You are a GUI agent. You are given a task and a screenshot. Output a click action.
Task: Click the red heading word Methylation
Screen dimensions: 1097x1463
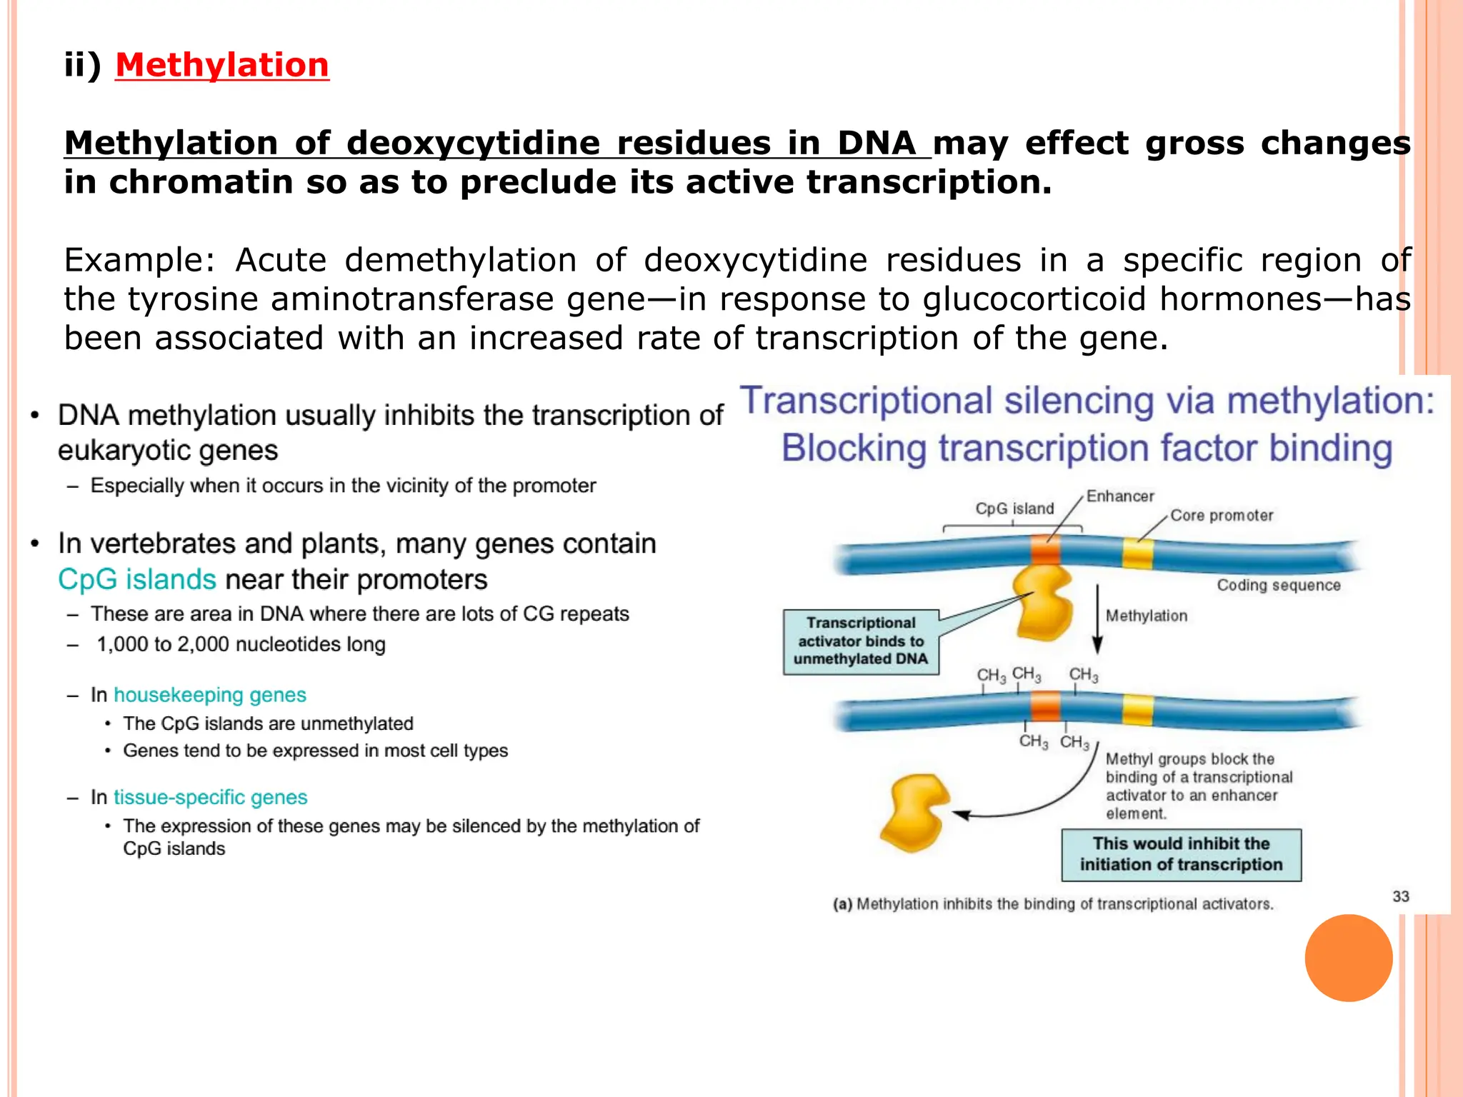click(221, 65)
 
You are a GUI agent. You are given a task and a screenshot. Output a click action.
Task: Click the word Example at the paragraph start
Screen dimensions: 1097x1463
click(139, 261)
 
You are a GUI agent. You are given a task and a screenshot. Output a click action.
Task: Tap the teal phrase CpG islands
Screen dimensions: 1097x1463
click(136, 580)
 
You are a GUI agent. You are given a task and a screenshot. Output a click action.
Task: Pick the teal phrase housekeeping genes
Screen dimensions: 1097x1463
click(209, 695)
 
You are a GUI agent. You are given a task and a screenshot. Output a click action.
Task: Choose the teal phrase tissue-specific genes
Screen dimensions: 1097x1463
click(210, 797)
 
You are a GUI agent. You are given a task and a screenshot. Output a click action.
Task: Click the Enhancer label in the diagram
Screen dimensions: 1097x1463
click(1119, 496)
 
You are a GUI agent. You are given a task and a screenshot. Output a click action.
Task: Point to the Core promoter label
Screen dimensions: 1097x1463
click(1221, 516)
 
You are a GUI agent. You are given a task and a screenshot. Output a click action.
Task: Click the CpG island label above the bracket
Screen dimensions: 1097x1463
click(1014, 509)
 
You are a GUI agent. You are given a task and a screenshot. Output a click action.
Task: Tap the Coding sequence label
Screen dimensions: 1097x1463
click(1278, 586)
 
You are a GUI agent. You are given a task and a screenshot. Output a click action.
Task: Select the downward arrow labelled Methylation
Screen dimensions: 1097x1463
click(1098, 618)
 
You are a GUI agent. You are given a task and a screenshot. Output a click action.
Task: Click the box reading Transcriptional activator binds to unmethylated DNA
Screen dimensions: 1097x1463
click(860, 641)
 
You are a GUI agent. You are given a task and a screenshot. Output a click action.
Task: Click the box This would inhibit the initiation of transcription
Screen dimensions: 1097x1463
click(1180, 855)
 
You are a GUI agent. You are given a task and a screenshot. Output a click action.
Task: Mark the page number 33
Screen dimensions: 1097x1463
click(1400, 896)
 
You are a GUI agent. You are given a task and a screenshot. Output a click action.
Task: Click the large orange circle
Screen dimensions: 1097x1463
click(1348, 958)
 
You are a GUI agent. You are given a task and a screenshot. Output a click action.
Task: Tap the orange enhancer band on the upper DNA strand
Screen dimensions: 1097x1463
click(1045, 551)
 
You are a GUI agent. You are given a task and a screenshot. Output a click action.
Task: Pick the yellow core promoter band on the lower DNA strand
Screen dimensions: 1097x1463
click(1137, 709)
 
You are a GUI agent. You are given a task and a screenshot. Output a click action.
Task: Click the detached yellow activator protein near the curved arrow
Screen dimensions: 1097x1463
click(914, 813)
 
